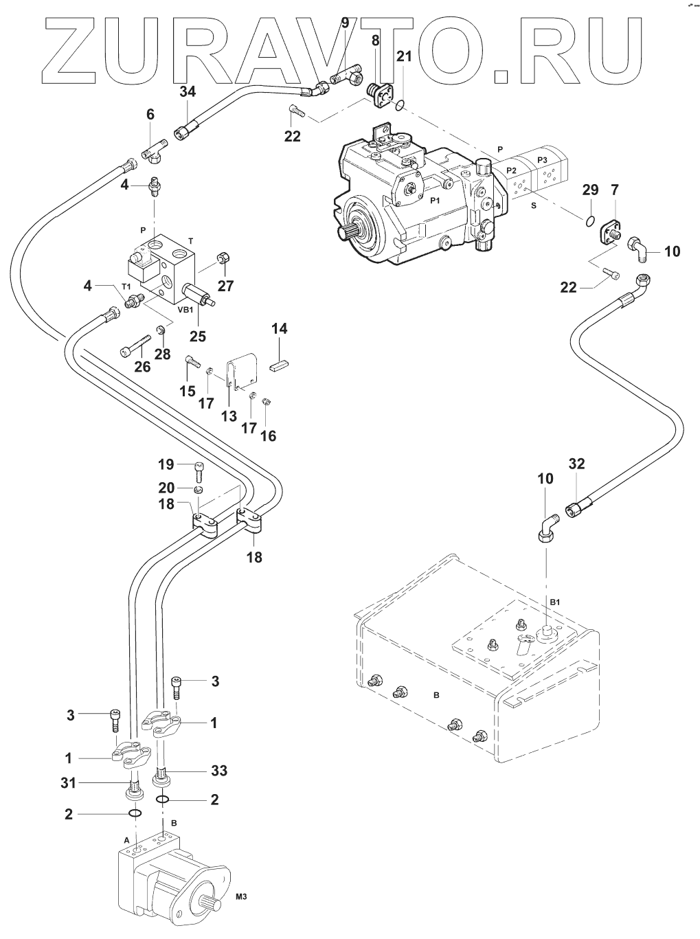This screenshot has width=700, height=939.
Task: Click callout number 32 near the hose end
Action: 576,464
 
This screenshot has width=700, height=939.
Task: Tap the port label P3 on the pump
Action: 543,159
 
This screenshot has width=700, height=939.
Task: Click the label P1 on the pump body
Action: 433,200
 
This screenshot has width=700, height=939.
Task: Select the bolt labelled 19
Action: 199,472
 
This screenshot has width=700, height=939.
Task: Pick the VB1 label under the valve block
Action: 186,309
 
